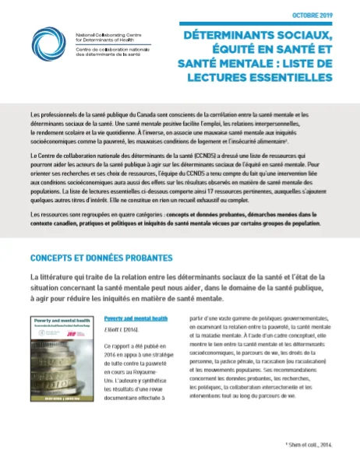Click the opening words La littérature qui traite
click(71, 278)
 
